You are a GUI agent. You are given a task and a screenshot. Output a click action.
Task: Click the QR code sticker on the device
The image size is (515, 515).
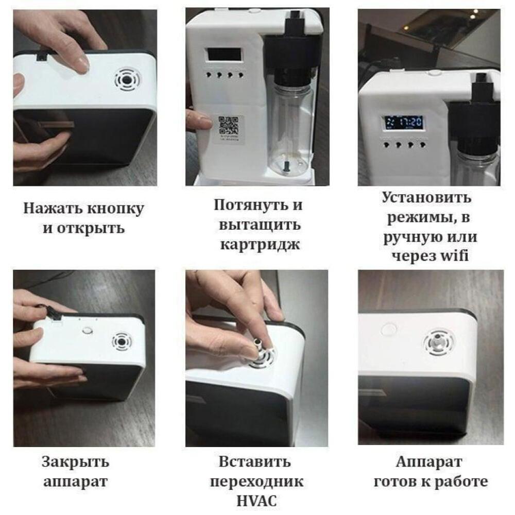click(229, 128)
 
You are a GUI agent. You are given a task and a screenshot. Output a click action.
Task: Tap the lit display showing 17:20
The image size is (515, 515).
click(403, 123)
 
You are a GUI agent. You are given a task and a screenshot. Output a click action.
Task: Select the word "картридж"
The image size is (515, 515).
click(260, 245)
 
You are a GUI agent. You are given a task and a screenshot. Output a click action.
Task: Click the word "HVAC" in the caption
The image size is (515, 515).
click(256, 501)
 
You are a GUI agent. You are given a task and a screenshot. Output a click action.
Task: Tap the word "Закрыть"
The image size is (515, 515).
click(75, 462)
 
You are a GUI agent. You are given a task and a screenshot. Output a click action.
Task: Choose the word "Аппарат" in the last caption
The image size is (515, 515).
click(429, 462)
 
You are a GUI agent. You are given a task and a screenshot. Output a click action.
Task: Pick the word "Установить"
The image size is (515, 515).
click(426, 197)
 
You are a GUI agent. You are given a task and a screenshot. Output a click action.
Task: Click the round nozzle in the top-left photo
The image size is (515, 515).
click(127, 80)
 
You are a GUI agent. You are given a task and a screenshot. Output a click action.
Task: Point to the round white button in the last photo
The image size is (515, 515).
click(388, 329)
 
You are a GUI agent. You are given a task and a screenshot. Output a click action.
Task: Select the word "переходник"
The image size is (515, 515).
click(256, 482)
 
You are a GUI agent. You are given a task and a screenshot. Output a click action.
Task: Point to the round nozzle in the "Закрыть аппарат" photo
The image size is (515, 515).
click(122, 342)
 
